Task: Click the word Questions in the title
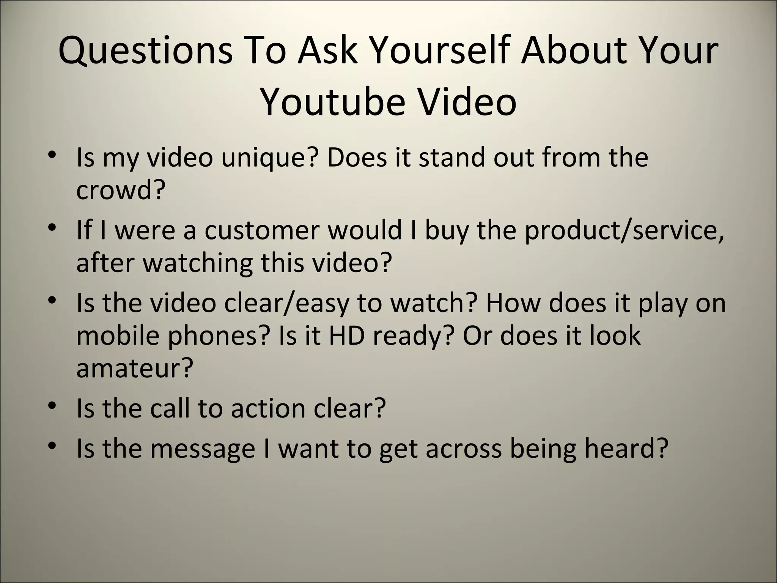point(145,51)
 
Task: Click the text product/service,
point(624,230)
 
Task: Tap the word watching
point(197,263)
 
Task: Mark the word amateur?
point(135,368)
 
